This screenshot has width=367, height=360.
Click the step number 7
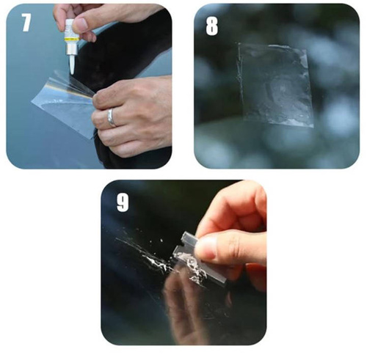click(x=26, y=23)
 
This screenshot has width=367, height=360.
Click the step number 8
click(x=211, y=26)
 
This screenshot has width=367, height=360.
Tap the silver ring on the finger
click(x=111, y=116)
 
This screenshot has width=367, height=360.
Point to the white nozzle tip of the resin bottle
click(x=72, y=65)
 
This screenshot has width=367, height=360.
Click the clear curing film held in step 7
click(x=62, y=103)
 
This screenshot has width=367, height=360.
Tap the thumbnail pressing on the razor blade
click(x=208, y=248)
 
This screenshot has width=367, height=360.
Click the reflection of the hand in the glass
click(x=183, y=301)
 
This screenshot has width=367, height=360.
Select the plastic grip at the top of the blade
click(x=190, y=238)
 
